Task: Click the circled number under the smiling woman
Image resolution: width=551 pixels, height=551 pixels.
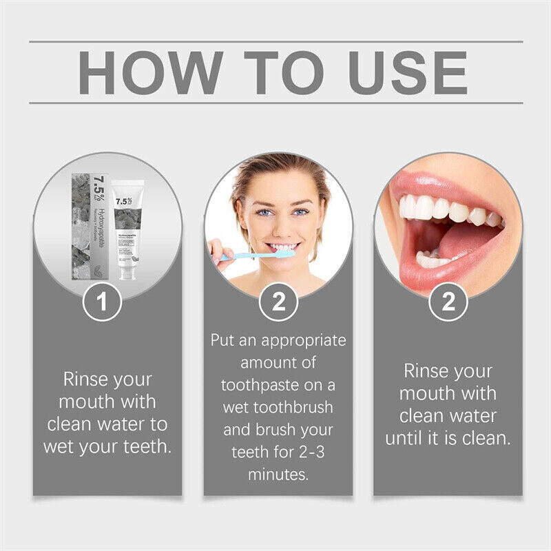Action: pyautogui.click(x=278, y=302)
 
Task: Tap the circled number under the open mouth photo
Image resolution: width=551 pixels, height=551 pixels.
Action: pyautogui.click(x=449, y=302)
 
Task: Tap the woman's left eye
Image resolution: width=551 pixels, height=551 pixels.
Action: pyautogui.click(x=300, y=212)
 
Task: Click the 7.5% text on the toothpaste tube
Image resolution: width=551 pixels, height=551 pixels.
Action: pyautogui.click(x=123, y=202)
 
